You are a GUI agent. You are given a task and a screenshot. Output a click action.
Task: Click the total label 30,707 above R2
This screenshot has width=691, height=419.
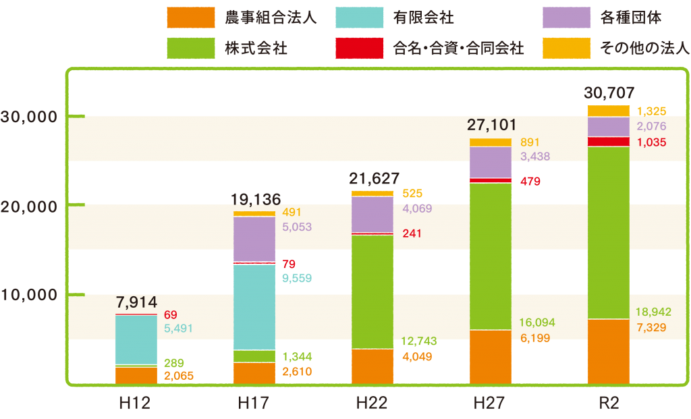click(611, 93)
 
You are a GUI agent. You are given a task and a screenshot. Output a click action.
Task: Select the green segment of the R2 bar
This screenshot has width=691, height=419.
click(609, 232)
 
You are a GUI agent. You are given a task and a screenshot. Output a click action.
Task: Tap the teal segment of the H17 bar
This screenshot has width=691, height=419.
click(254, 307)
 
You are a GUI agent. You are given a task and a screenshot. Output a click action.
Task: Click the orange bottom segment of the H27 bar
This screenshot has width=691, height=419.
click(491, 356)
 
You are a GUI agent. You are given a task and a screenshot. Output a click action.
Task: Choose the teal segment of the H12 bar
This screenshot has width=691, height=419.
click(136, 339)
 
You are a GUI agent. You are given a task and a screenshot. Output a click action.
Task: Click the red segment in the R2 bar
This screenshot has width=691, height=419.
click(609, 141)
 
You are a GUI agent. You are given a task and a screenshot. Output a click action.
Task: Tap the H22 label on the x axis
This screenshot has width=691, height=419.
click(372, 403)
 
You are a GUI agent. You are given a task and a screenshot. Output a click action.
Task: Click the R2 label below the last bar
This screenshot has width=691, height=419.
click(609, 403)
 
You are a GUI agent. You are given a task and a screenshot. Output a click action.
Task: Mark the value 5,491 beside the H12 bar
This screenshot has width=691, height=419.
click(179, 329)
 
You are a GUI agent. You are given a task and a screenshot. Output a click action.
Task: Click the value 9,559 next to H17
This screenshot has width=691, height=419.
click(298, 277)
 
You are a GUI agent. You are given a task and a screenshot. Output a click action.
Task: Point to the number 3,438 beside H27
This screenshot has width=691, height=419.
click(535, 157)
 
